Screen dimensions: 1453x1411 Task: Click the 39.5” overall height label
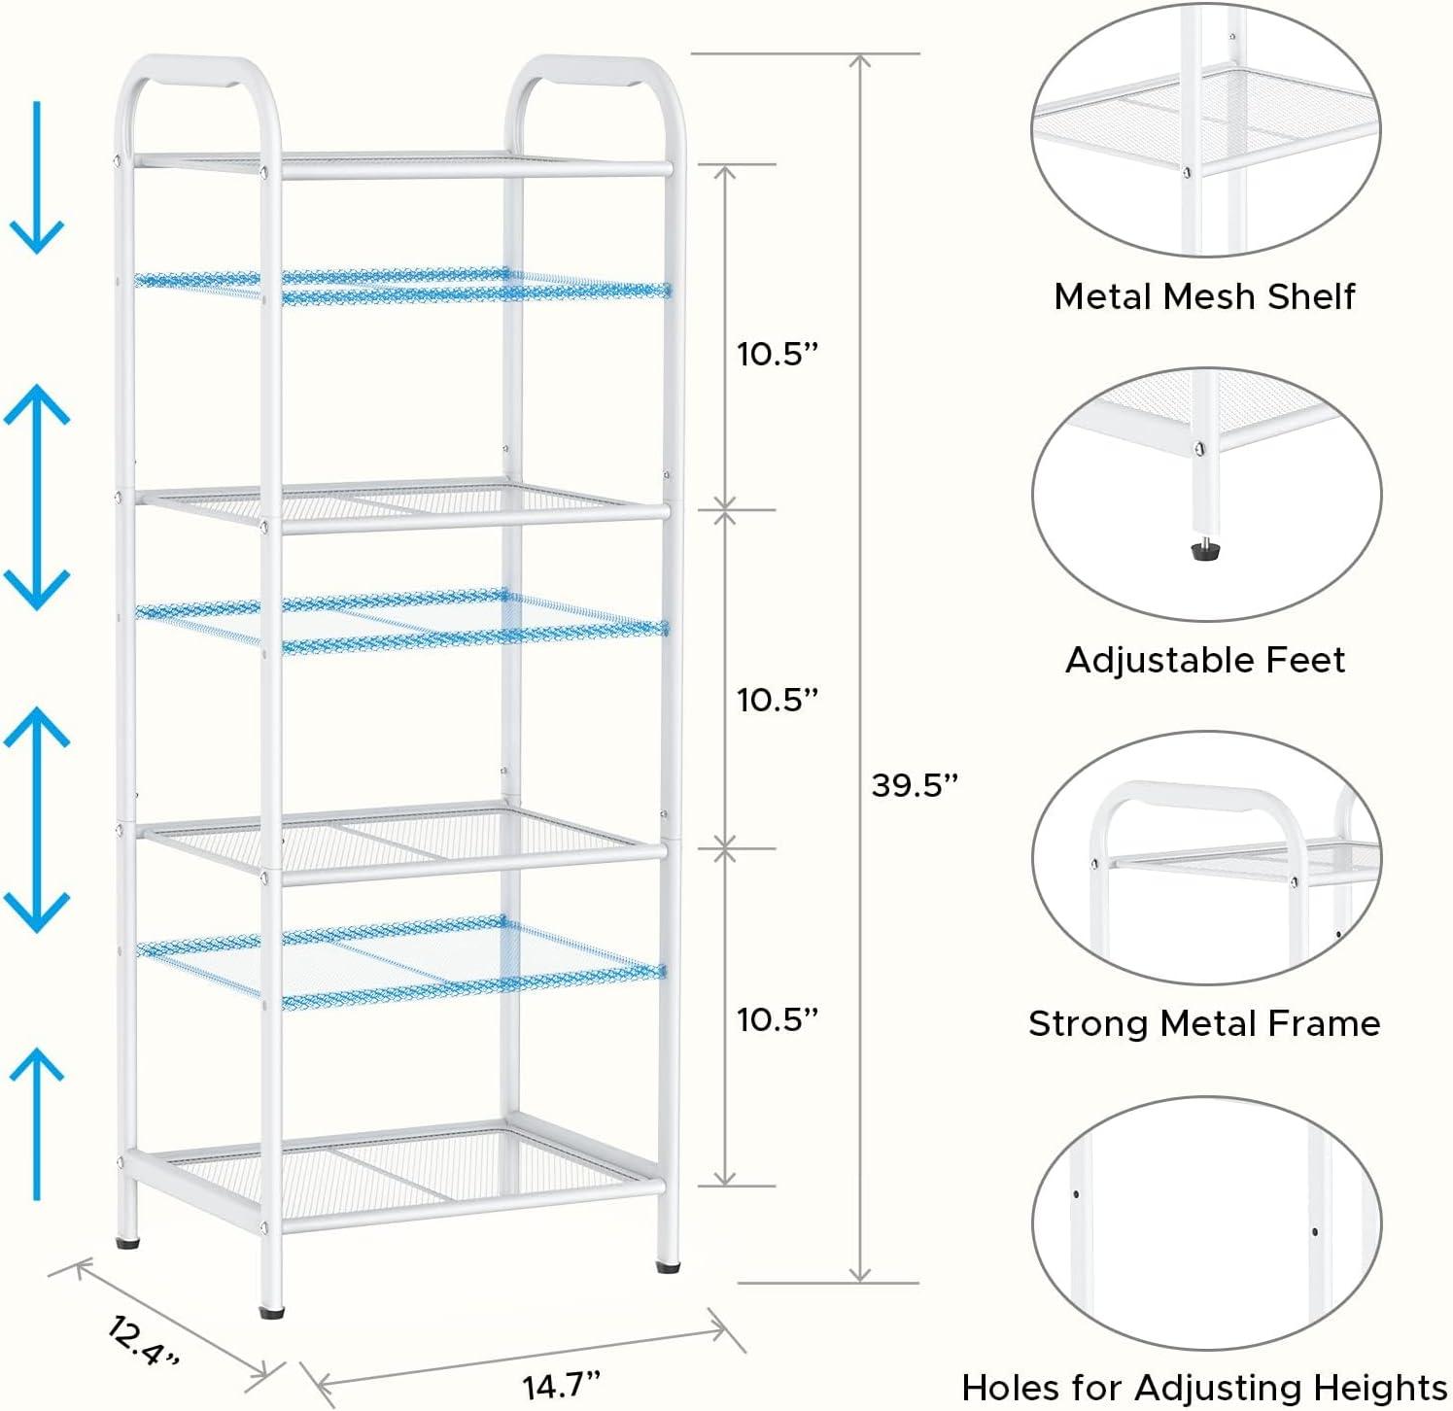tap(914, 784)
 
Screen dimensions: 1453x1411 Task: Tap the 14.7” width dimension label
tap(562, 1384)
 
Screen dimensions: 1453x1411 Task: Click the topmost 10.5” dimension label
tap(778, 354)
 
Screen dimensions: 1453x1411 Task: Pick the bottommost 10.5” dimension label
tap(778, 1019)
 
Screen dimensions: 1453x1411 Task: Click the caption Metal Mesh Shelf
tap(1204, 296)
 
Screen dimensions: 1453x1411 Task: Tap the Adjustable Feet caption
tap(1205, 660)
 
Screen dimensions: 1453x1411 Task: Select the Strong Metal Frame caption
tap(1204, 1023)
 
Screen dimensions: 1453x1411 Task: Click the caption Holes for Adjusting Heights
tap(1204, 1387)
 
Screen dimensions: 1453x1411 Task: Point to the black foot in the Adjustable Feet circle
tap(1206, 550)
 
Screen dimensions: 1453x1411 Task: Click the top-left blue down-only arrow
tap(37, 177)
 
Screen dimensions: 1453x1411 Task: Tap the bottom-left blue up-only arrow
tap(37, 1123)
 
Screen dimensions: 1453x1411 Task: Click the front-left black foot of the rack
tap(272, 1311)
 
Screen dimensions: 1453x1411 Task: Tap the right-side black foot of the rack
tap(668, 1266)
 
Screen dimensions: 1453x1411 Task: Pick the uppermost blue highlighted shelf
tap(402, 286)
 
